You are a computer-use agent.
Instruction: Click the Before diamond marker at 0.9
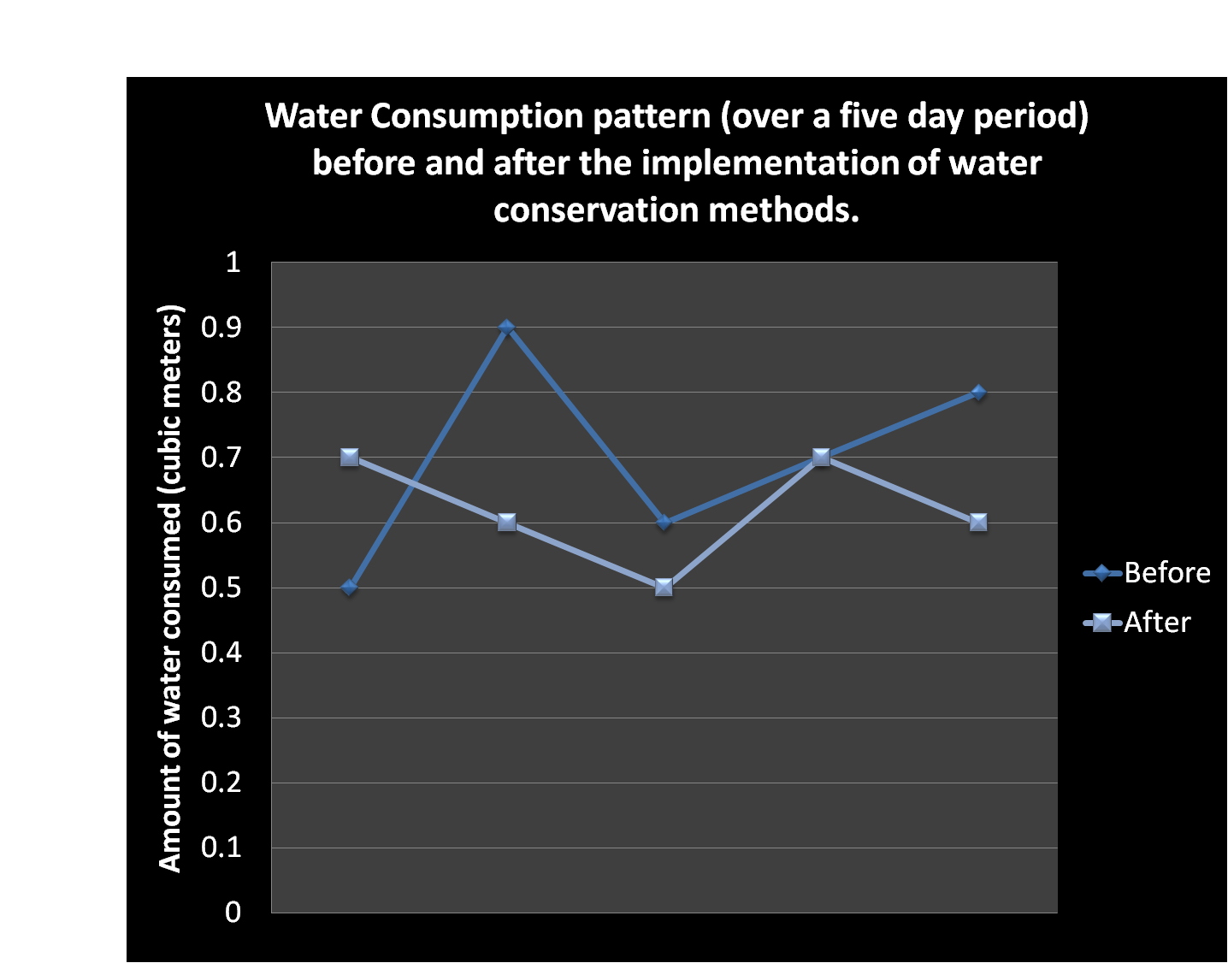pos(506,328)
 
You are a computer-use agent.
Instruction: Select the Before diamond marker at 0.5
pos(349,588)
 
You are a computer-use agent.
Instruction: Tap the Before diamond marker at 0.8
pos(978,393)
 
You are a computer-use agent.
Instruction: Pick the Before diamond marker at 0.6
pos(664,523)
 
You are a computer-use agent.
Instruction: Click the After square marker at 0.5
pos(664,588)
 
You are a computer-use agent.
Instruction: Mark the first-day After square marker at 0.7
pos(349,458)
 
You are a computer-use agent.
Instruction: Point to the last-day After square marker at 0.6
pos(978,523)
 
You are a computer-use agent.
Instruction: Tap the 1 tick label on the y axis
pos(233,262)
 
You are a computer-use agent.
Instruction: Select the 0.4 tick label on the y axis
pos(221,653)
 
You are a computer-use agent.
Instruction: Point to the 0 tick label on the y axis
pos(233,913)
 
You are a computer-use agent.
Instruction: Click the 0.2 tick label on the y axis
pos(221,783)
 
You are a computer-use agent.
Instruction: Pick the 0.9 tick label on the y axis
pos(221,328)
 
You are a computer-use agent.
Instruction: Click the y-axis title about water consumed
pos(170,588)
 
